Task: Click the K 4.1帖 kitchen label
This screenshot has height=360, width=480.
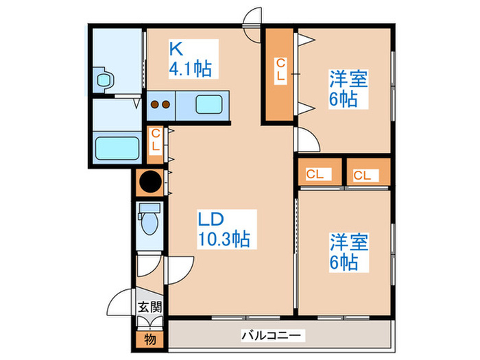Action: tap(190, 59)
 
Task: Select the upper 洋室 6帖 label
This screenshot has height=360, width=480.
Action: tap(348, 88)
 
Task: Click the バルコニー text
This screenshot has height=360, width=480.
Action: tap(271, 336)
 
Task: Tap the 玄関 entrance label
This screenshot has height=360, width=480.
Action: tap(149, 307)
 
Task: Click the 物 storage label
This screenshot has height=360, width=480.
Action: tap(149, 337)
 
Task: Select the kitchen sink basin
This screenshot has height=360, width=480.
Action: tap(209, 105)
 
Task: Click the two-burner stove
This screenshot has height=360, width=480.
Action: tap(160, 105)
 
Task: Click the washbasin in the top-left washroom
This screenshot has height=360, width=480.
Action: tap(104, 80)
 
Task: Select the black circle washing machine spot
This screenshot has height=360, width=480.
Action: tap(149, 182)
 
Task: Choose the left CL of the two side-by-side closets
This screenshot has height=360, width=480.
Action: tap(315, 174)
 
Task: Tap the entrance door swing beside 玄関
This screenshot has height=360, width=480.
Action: tap(123, 302)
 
